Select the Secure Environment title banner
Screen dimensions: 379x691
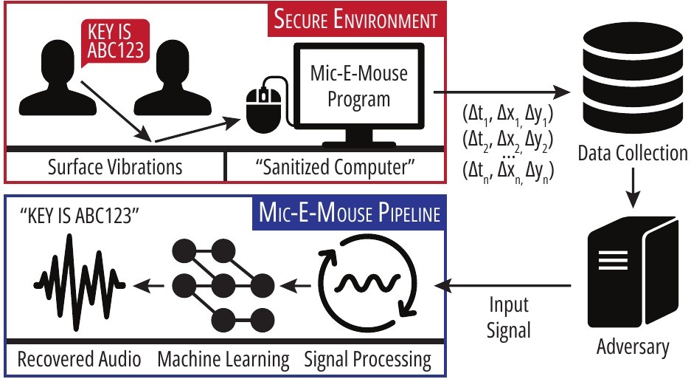(355, 19)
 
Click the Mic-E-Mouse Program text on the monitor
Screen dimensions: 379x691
(358, 87)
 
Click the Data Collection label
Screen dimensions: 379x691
(632, 154)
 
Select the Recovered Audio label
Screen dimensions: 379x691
(79, 360)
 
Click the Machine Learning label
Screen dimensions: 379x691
(223, 360)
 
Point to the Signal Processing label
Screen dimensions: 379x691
(367, 360)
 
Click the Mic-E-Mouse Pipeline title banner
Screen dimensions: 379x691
(350, 214)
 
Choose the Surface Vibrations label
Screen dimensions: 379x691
(114, 166)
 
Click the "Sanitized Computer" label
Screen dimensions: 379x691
(336, 166)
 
